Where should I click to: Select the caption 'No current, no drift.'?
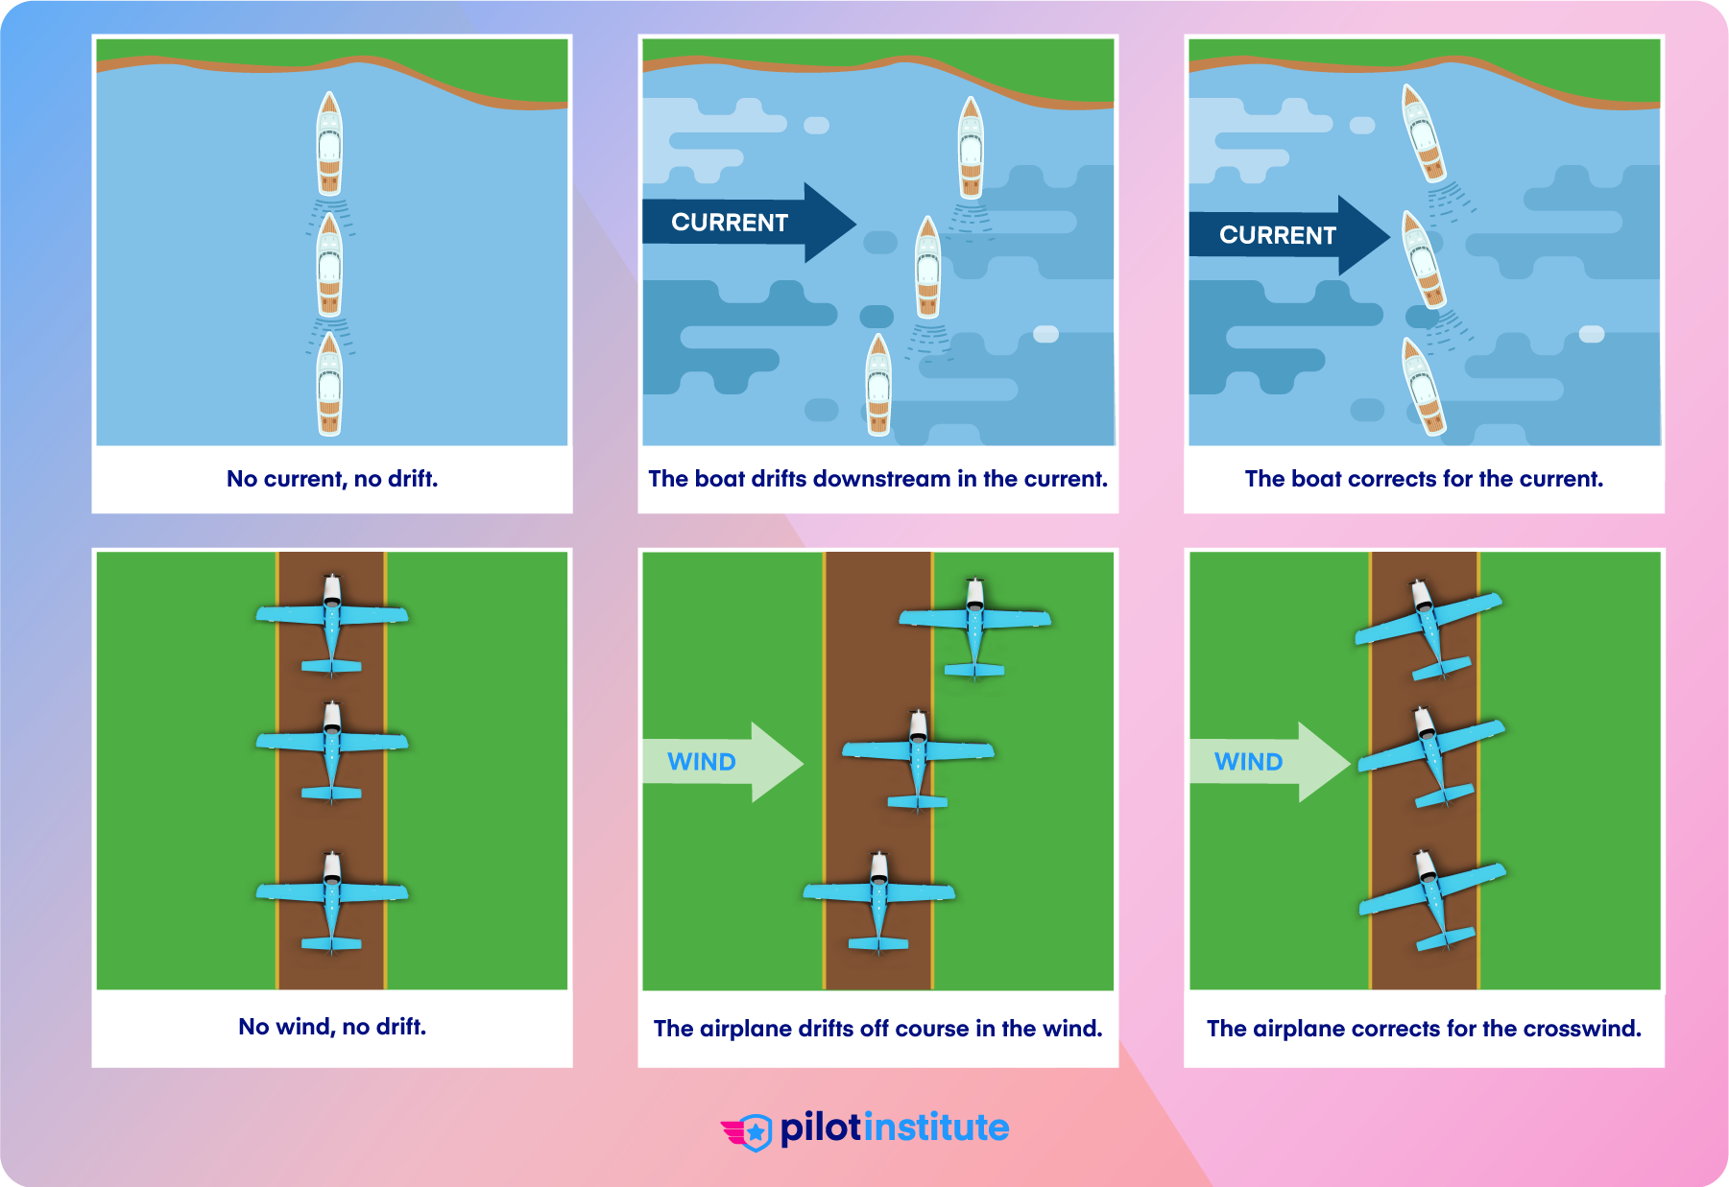[332, 479]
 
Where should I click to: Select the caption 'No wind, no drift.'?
[332, 1027]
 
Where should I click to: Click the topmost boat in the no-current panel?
[329, 144]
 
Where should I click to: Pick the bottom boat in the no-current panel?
[329, 384]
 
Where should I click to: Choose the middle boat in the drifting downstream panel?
[927, 267]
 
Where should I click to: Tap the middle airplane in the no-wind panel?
[332, 748]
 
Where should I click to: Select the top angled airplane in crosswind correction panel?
[1429, 629]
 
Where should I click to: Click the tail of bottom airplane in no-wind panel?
[331, 943]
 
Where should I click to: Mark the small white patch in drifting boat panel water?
[1045, 334]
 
